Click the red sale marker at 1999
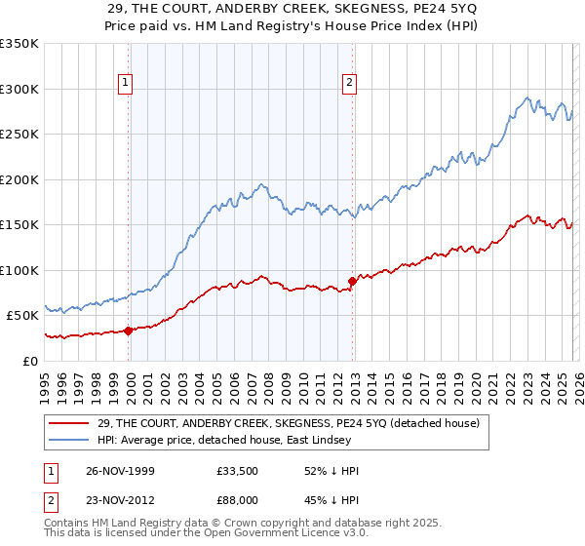pyautogui.click(x=129, y=330)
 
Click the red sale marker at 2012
pyautogui.click(x=352, y=281)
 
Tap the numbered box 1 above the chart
pyautogui.click(x=127, y=84)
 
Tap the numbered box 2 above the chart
pyautogui.click(x=349, y=84)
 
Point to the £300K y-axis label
pyautogui.click(x=19, y=89)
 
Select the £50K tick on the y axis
pyautogui.click(x=22, y=316)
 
